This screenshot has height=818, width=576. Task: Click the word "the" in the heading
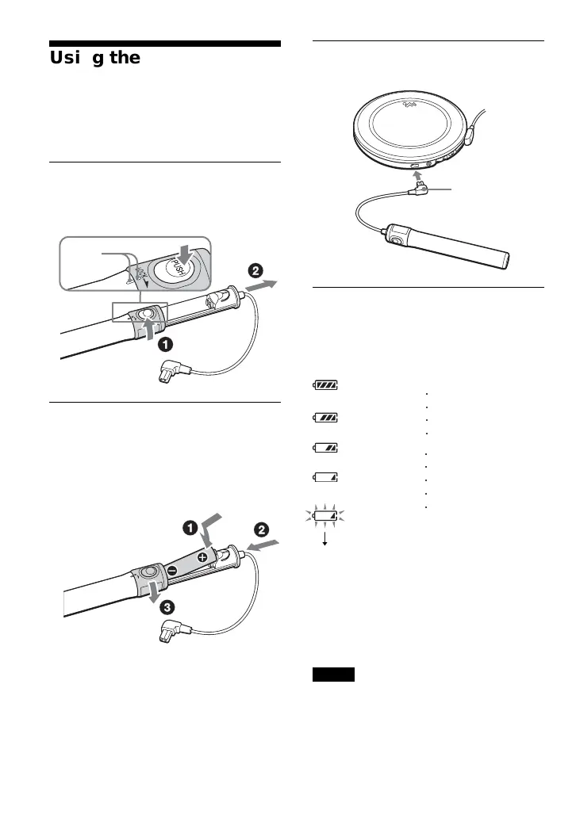125,58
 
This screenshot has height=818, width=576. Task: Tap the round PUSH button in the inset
173,269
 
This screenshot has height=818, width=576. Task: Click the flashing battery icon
324,516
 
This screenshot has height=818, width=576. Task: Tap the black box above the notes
332,675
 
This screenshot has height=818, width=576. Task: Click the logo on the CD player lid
410,103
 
